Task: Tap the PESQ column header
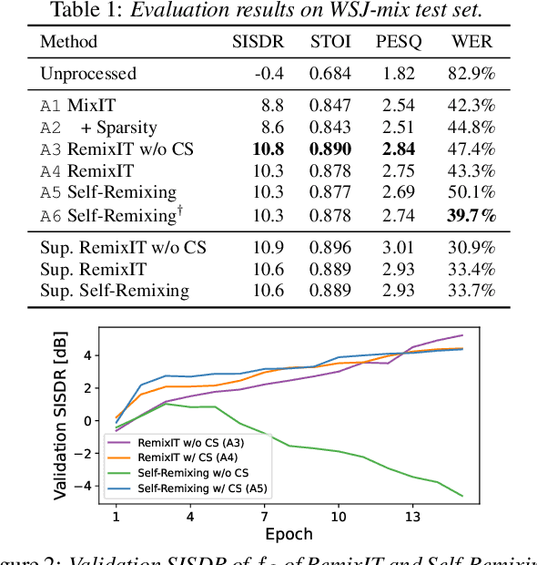coord(398,42)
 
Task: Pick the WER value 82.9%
coord(472,73)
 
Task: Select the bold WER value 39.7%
coord(471,215)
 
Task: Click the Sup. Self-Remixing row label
coord(115,291)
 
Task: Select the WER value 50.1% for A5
coord(472,192)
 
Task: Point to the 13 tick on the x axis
coord(412,517)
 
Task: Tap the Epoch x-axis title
coord(289,534)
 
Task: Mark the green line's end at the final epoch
coord(462,496)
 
